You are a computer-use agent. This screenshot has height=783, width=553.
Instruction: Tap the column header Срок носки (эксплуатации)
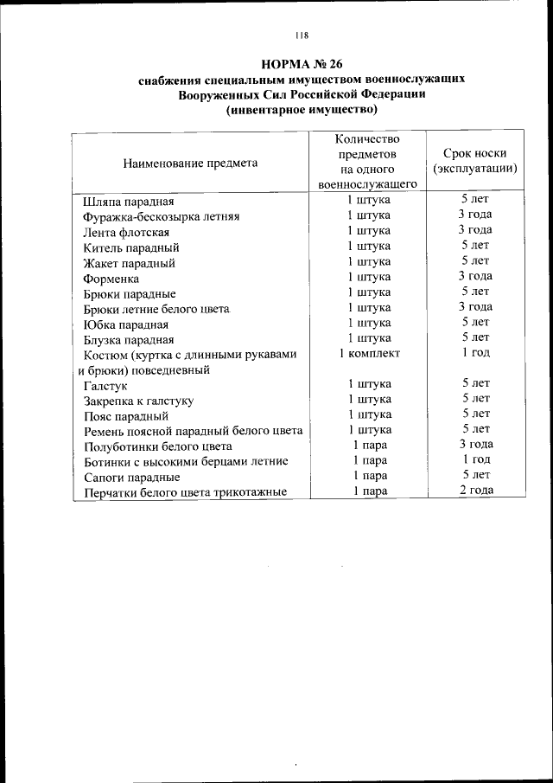coord(474,161)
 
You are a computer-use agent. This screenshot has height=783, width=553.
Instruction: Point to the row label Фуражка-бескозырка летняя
coord(161,216)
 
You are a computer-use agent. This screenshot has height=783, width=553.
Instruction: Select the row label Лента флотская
coord(125,232)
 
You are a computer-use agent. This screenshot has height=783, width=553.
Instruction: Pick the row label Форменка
coord(111,279)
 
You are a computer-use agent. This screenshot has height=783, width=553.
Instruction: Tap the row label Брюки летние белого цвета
coord(156,309)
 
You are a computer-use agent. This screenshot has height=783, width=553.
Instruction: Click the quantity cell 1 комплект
coord(369,354)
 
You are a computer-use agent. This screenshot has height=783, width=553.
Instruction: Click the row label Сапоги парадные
coord(131,477)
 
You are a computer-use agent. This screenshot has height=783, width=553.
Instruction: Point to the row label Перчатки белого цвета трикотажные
coord(184,493)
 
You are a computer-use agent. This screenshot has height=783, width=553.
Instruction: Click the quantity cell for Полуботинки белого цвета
coord(369,445)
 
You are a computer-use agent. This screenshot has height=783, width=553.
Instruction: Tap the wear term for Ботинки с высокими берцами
coord(475,459)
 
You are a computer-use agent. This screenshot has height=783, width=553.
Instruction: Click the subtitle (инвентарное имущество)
coord(302,110)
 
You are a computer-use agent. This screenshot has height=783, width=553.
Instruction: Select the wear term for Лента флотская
coord(475,230)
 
